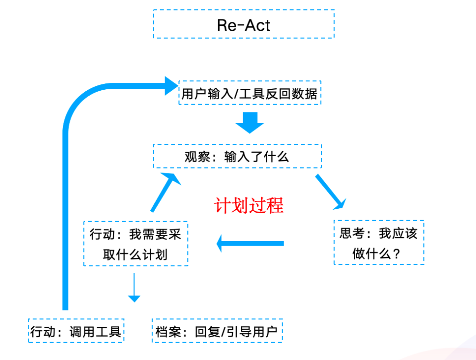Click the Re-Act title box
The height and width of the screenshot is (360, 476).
coord(243,24)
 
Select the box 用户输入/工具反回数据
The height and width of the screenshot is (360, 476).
coord(249,93)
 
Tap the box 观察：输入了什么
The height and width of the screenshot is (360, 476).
coord(237,157)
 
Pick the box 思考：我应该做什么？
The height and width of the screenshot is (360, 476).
coord(378,243)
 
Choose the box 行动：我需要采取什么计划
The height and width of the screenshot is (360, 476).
coord(135,244)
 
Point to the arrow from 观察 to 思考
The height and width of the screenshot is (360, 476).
coord(330,191)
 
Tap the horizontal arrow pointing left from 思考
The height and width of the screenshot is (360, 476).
coord(250,243)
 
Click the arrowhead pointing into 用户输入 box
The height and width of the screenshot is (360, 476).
coord(170,85)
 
